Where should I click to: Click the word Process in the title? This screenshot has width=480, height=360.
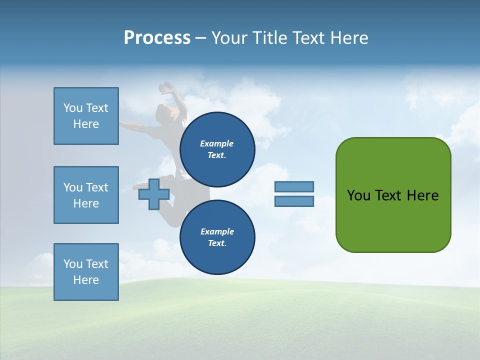tap(157, 38)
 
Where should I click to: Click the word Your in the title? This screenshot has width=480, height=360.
tap(228, 38)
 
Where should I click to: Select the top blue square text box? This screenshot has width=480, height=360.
tap(86, 116)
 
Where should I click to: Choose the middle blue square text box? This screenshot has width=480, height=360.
tap(86, 195)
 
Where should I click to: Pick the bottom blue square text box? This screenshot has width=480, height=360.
tap(86, 272)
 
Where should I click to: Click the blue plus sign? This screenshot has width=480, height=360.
tap(153, 194)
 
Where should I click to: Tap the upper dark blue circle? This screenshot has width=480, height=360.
tap(217, 149)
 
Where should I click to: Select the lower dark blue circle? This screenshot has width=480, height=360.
tap(217, 237)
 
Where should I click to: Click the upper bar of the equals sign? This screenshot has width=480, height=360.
tap(294, 186)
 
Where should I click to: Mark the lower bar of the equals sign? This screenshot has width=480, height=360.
tap(294, 201)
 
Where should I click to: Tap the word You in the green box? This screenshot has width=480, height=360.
tap(358, 195)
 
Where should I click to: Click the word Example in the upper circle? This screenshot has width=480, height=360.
tap(217, 143)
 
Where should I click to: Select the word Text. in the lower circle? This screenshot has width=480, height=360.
tap(217, 243)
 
